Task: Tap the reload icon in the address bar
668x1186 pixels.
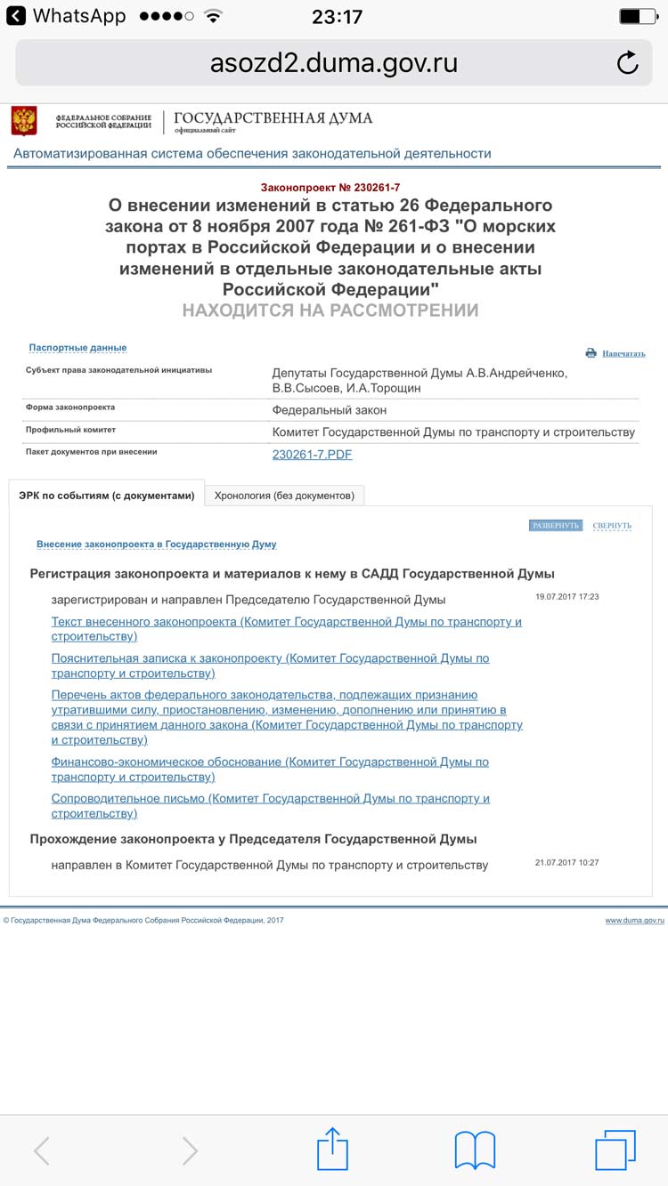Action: (627, 63)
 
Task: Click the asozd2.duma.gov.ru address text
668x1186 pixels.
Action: (334, 63)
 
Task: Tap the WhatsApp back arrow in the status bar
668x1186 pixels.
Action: (16, 16)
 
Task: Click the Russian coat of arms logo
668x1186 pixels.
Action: (24, 120)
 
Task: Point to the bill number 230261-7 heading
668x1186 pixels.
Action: (330, 187)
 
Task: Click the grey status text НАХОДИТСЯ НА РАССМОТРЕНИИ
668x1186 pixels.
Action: (330, 311)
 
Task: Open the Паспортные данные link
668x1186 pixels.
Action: (77, 348)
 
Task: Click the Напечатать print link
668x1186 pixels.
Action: (623, 353)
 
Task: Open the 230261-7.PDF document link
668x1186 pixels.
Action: (312, 455)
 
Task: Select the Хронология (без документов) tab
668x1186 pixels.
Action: (284, 496)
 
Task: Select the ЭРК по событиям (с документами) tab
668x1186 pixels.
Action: (107, 496)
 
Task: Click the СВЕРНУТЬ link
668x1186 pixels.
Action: (612, 526)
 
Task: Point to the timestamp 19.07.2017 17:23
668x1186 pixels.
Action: (566, 597)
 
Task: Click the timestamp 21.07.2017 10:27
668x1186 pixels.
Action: (566, 863)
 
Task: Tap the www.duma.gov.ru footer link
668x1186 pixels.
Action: (634, 921)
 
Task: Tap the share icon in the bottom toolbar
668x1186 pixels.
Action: (332, 1149)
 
